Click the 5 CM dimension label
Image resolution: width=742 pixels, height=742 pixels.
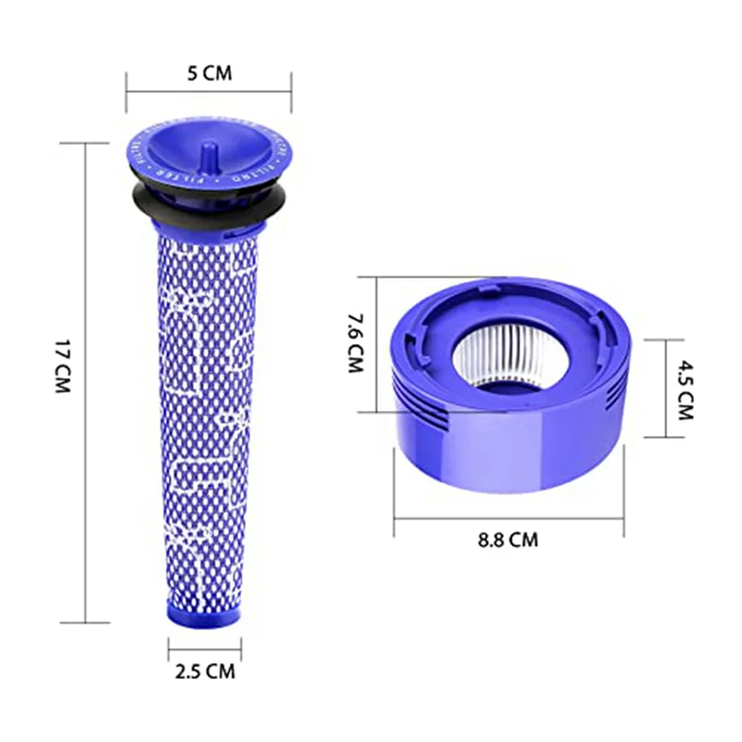[209, 74]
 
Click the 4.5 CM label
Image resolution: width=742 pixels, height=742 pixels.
[684, 390]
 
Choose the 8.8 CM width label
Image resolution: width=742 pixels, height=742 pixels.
[509, 539]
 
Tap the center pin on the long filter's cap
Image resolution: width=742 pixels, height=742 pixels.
[210, 149]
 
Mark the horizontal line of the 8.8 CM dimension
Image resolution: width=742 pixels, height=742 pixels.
[508, 519]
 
